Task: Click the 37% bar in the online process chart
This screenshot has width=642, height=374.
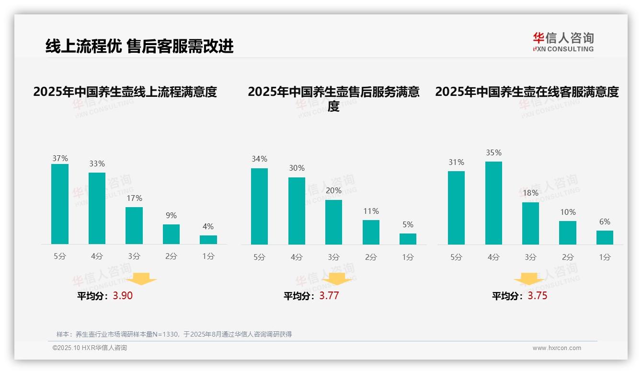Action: (x=60, y=204)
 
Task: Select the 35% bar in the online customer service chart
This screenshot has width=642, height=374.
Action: (x=493, y=203)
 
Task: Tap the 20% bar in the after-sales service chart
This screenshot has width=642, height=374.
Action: (x=333, y=222)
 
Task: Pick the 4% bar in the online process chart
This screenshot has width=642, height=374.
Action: (x=208, y=240)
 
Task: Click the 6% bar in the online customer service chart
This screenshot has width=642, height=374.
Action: (x=605, y=237)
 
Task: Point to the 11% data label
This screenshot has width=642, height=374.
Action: (x=371, y=211)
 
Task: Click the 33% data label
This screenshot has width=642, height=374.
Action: (x=97, y=164)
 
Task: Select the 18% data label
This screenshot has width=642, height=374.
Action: (x=530, y=193)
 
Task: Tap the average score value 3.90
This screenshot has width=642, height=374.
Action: (x=123, y=296)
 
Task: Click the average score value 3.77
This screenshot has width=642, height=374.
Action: (x=329, y=296)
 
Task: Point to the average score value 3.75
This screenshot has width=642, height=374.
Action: (x=537, y=296)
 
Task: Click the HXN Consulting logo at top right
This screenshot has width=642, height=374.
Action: (x=563, y=42)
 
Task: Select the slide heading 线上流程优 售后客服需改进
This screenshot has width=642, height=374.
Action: (x=139, y=47)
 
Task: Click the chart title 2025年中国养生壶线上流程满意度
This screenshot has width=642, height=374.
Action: (x=125, y=92)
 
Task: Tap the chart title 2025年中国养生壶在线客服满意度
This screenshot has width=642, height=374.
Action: (x=527, y=92)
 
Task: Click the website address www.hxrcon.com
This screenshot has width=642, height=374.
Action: (x=556, y=348)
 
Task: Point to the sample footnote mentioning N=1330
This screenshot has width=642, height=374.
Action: (x=174, y=334)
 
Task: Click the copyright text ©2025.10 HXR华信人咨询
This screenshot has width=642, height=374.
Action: (x=90, y=348)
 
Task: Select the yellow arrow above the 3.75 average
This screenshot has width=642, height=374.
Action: (x=529, y=280)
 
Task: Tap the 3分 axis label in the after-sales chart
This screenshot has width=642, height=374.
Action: (x=333, y=257)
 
